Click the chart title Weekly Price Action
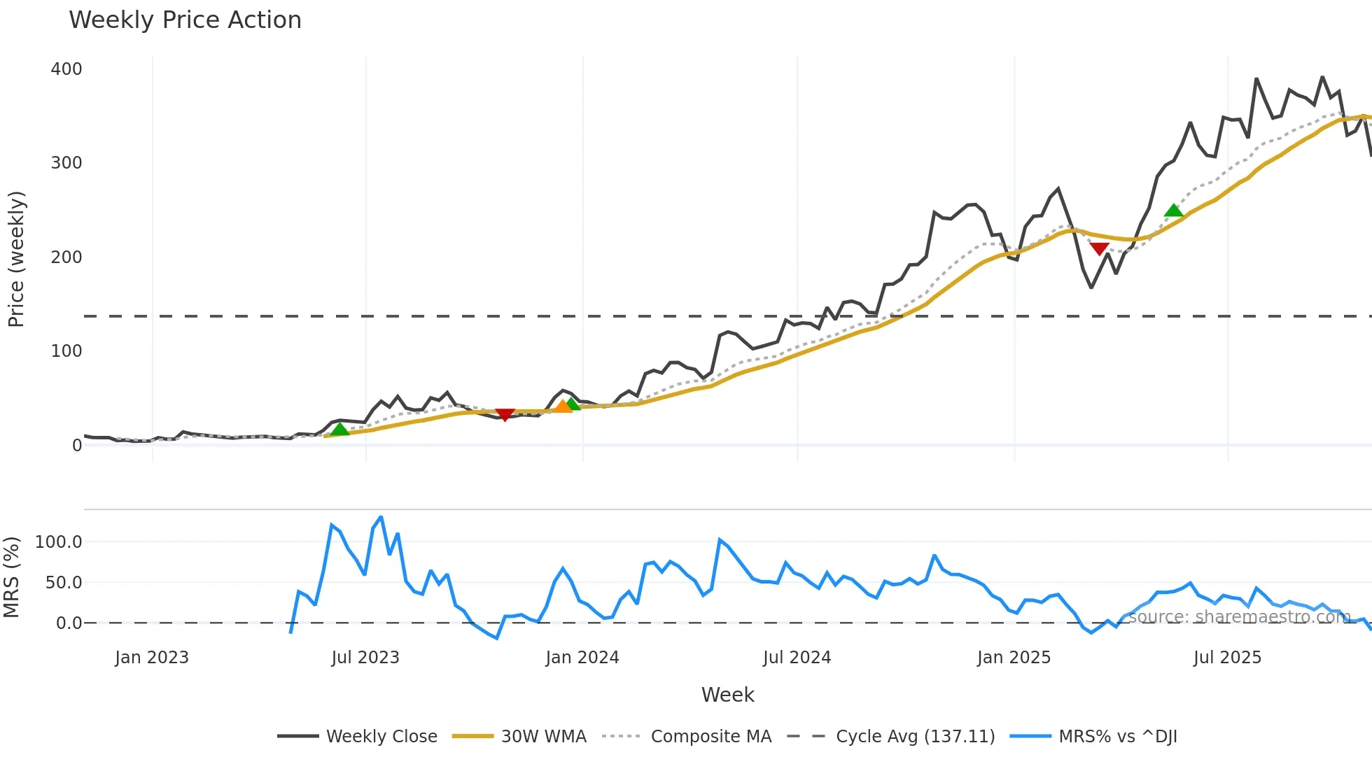point(185,20)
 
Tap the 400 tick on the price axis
point(66,69)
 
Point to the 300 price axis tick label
point(66,163)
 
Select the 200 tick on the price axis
point(66,257)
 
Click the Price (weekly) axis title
point(16,259)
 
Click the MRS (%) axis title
point(11,577)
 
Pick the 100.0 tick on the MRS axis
point(59,542)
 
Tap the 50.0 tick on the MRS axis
point(64,583)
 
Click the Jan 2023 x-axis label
point(152,658)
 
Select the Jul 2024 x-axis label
point(797,658)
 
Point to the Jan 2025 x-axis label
point(1014,658)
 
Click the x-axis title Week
point(727,695)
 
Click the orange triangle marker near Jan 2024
point(562,406)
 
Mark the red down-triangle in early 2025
point(1099,248)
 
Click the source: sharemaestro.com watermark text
point(1239,617)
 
